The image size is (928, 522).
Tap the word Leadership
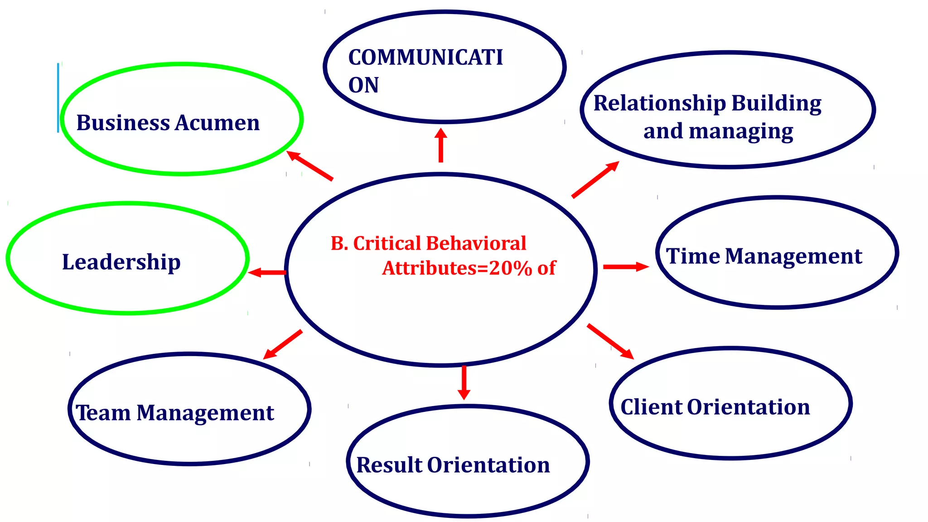point(121,262)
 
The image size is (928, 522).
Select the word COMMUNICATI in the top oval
point(425,58)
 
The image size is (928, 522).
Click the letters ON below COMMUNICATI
point(363,85)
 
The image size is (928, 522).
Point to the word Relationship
point(659,103)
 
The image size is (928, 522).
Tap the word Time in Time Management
point(692,256)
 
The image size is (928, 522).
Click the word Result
point(389,465)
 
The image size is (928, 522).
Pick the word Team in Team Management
point(103,413)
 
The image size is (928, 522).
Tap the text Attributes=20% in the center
point(457,268)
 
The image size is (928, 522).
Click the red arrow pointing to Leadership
point(267,272)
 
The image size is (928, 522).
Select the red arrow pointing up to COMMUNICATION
point(440,145)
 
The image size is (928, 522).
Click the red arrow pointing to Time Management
point(626,267)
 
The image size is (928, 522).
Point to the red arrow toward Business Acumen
point(310,166)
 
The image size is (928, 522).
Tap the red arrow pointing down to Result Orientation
point(464,382)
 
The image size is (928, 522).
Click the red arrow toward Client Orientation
point(610,342)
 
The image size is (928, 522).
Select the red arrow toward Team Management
point(283,345)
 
